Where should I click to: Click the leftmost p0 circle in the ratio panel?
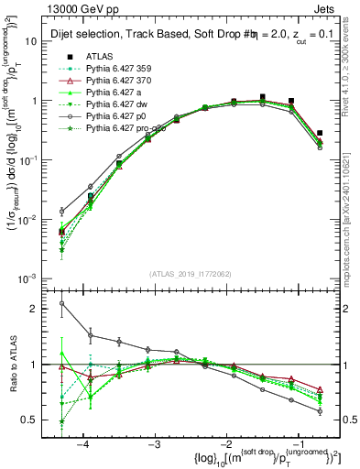click(x=61, y=303)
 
